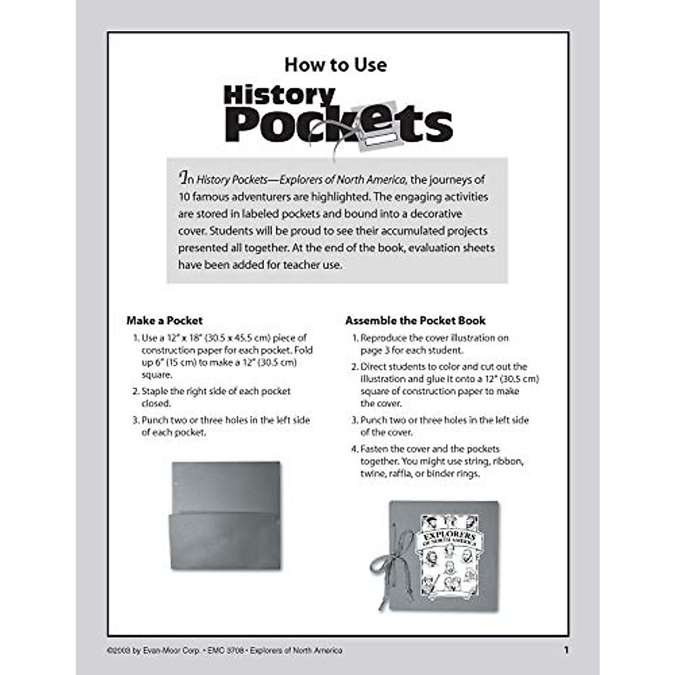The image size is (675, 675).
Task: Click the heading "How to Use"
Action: (x=335, y=65)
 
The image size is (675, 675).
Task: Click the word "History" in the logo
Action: (x=279, y=95)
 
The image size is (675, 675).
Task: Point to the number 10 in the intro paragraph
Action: (x=184, y=197)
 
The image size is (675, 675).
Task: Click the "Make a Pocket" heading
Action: (x=164, y=321)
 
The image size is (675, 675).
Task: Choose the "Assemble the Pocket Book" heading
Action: (x=415, y=321)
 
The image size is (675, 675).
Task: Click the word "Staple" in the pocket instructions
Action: (x=155, y=391)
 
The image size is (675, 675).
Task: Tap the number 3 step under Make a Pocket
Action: (x=136, y=420)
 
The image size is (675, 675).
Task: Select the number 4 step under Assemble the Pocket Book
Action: (x=354, y=449)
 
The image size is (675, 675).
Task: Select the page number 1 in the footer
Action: (x=566, y=650)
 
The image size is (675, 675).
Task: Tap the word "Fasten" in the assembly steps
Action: (x=374, y=449)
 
